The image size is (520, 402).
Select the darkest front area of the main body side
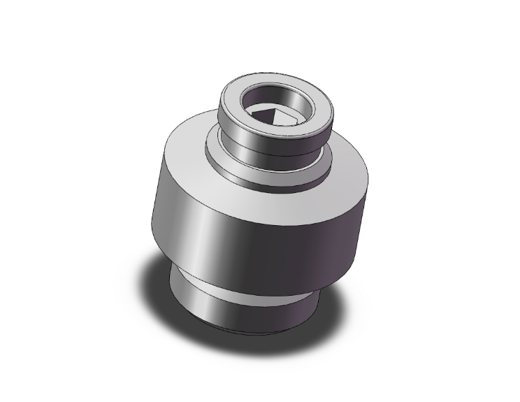287,259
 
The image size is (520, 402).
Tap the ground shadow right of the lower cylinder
328,308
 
